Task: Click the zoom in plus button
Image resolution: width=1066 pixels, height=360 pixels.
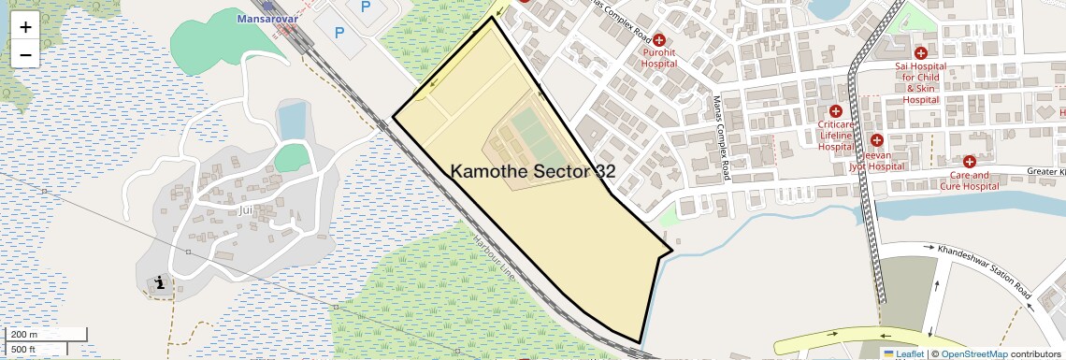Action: point(25,27)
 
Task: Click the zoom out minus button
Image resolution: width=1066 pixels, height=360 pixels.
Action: point(25,54)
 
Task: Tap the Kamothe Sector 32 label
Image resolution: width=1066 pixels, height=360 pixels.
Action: point(533,171)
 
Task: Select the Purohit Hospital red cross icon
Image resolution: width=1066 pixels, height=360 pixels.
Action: point(658,40)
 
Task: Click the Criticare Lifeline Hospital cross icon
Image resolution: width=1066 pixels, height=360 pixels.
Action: point(835,111)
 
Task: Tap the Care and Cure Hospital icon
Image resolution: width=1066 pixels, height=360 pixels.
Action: point(970,162)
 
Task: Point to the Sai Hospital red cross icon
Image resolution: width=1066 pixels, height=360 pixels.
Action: point(920,53)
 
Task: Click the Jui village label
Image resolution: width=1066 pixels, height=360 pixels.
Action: point(246,209)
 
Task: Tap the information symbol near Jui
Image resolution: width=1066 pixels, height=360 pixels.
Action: point(160,282)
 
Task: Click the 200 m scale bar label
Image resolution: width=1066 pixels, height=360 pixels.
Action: point(25,335)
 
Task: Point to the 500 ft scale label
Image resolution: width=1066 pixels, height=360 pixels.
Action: point(23,350)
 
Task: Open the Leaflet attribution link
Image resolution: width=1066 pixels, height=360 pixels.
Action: point(909,353)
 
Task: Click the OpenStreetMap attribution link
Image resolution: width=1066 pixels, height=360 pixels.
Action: point(973,353)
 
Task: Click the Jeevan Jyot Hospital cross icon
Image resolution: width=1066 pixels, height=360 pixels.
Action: point(876,140)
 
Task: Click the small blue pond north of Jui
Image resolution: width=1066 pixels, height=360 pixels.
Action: point(292,121)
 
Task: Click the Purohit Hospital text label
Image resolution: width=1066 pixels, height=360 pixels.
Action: point(658,60)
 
